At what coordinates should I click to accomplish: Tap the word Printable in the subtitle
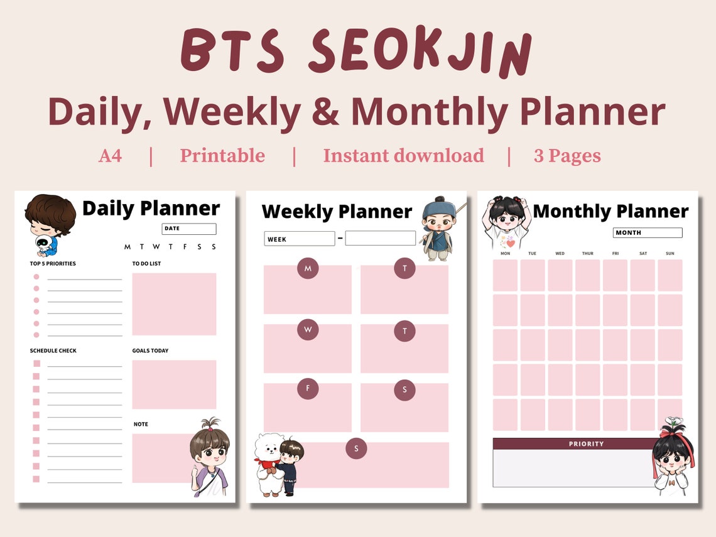(222, 156)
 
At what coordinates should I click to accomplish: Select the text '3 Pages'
(567, 156)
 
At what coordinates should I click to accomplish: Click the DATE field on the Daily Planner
(189, 229)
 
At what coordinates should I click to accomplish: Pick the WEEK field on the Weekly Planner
(299, 239)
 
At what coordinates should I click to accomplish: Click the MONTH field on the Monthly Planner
(647, 233)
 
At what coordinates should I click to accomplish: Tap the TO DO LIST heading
(146, 264)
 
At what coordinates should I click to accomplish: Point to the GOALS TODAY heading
(150, 350)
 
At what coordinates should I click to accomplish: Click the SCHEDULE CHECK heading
(53, 350)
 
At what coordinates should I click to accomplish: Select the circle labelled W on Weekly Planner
(308, 328)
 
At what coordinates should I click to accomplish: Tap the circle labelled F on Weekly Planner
(308, 388)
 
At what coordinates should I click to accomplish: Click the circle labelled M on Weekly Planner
(308, 269)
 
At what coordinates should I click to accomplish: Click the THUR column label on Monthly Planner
(587, 254)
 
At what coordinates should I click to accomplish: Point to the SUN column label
(670, 254)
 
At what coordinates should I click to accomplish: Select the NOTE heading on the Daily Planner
(141, 425)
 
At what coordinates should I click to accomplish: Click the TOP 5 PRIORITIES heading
(53, 264)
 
